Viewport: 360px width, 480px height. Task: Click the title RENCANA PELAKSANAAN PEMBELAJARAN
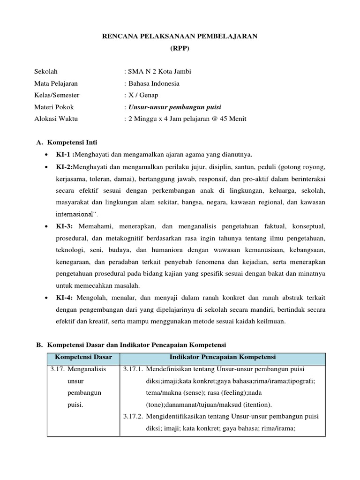180,37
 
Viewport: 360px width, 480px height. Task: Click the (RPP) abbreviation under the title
180,48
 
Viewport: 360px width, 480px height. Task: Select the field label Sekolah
46,72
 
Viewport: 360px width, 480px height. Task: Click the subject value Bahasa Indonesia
154,83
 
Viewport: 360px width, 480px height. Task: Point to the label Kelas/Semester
57,95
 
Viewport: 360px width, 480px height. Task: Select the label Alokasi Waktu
56,119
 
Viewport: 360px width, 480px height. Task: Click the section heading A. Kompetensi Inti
67,142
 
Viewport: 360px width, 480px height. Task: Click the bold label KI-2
65,167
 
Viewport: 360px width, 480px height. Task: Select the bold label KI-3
65,226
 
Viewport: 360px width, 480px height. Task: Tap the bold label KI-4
65,297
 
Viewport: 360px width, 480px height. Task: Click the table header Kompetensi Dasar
83,357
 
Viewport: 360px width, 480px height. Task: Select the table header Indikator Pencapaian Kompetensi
223,357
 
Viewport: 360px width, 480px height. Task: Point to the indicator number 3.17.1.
133,369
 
